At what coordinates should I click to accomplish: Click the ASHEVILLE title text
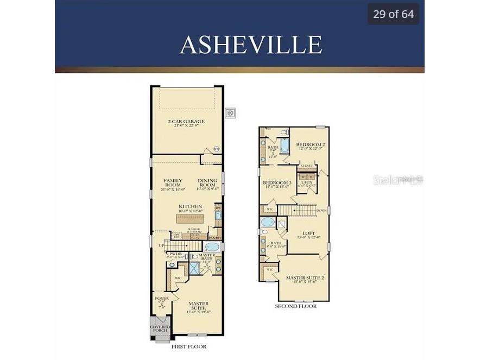tap(250, 45)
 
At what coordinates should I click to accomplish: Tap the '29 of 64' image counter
tap(393, 14)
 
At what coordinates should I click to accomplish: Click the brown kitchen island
tap(190, 218)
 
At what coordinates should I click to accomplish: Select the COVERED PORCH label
tap(160, 329)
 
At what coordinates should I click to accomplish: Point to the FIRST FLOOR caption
tap(188, 346)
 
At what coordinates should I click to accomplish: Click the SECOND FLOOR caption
tap(296, 306)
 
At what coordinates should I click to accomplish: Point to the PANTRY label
tap(215, 237)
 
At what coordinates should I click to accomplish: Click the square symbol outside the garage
tap(231, 112)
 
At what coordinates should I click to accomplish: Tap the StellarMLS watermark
tap(397, 180)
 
